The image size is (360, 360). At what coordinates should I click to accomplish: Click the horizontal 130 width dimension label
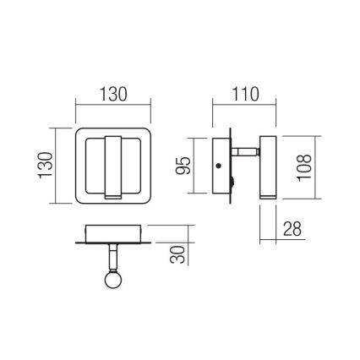pos(113,94)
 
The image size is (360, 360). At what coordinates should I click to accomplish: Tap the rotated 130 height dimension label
pos(44,166)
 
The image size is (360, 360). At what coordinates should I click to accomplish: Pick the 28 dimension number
pos(292,229)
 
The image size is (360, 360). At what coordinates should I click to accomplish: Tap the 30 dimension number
pos(177,253)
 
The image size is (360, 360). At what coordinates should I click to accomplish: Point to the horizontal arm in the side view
pos(247,154)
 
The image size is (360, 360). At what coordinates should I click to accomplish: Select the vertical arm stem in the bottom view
pos(112,258)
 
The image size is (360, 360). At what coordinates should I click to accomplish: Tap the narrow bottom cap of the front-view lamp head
pos(113,194)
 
